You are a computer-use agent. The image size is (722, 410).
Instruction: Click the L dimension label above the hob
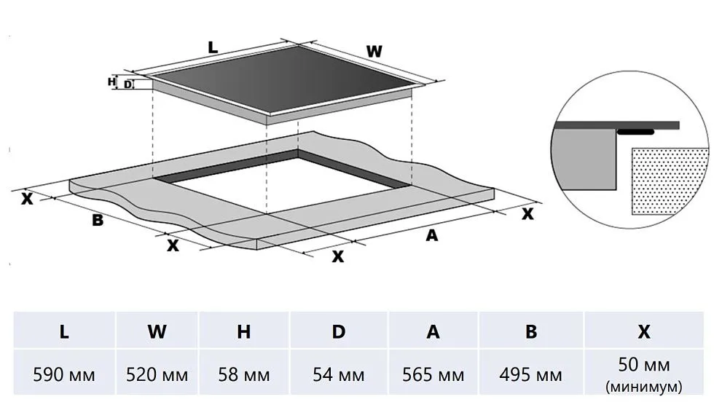(212, 48)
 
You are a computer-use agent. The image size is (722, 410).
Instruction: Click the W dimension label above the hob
(374, 52)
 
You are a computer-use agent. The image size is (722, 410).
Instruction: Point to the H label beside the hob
(111, 82)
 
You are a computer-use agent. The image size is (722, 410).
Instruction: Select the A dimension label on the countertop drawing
(432, 234)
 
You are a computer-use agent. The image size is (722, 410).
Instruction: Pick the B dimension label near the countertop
(97, 220)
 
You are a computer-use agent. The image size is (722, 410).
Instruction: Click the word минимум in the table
(644, 386)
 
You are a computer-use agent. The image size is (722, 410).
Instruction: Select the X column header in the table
(644, 332)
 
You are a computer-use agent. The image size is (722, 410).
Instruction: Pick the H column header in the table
(244, 332)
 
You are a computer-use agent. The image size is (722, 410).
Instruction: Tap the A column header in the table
(433, 332)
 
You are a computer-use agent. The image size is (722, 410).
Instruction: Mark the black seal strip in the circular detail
(637, 133)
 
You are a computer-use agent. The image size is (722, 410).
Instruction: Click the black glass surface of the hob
(284, 80)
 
